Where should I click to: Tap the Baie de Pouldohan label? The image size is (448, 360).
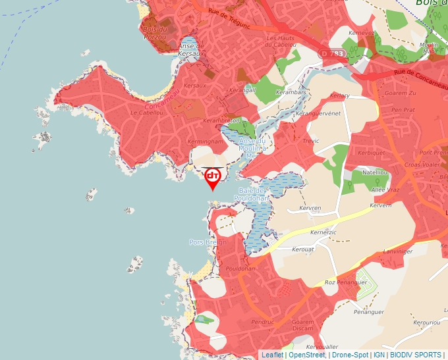251,194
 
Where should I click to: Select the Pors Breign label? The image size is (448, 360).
208,242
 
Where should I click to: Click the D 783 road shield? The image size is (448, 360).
333,52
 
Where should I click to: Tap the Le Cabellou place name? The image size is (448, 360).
146,113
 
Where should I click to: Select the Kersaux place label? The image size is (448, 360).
195,86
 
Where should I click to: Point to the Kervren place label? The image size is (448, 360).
309,208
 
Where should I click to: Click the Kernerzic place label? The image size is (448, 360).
323,232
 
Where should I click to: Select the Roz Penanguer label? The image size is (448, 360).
345,282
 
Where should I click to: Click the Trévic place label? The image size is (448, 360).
310,141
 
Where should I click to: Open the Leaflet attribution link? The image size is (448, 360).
272,355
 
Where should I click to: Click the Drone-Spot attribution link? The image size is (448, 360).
350,355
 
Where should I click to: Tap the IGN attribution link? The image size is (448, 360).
379,355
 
